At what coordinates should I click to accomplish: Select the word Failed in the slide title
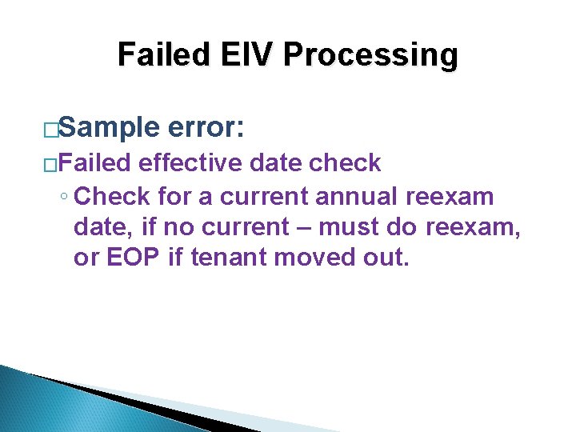pos(163,54)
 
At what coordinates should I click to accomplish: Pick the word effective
pos(190,163)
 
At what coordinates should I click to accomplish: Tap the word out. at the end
pos(386,258)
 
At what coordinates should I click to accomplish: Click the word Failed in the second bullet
pos(95,163)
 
